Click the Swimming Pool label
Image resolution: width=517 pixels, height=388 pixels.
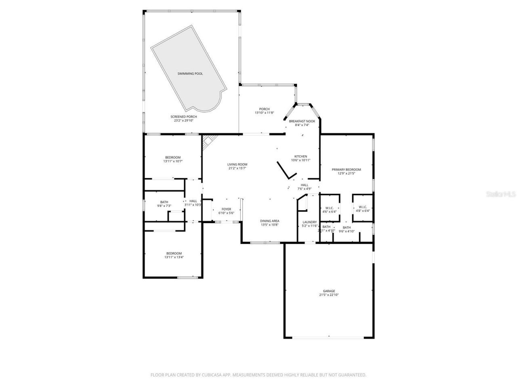(x=190, y=74)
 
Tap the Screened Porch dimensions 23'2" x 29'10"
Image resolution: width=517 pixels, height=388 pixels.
(x=184, y=120)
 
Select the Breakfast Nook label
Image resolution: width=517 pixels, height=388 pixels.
(x=302, y=121)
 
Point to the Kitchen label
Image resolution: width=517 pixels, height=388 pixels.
(x=301, y=156)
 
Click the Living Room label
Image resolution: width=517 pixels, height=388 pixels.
(x=237, y=164)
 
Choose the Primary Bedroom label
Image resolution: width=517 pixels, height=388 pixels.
(x=346, y=170)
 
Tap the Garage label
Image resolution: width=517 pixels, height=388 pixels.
(x=329, y=291)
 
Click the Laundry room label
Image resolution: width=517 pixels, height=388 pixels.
(x=309, y=222)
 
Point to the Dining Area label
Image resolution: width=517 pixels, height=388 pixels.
(x=270, y=221)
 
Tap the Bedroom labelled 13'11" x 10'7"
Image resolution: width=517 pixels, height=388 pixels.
(x=173, y=157)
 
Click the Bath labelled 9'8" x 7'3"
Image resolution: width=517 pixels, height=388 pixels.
(x=164, y=202)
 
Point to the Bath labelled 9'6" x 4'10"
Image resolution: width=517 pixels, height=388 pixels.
(x=347, y=228)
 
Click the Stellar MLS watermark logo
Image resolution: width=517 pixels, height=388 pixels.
(x=500, y=194)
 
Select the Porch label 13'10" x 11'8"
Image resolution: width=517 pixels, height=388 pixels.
(x=264, y=109)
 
